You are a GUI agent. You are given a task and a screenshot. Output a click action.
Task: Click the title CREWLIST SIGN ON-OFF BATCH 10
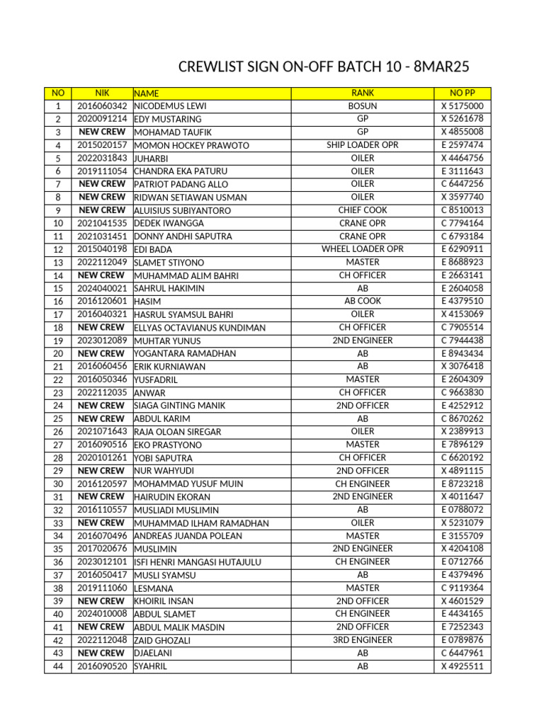click(324, 67)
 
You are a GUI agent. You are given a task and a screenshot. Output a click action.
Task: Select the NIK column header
click(102, 93)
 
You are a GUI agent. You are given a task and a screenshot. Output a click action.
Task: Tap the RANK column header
click(363, 93)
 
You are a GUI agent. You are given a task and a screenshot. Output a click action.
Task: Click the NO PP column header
click(462, 93)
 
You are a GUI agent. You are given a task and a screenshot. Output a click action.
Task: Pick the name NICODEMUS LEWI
click(170, 106)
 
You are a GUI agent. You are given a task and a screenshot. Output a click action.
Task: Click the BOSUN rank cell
click(363, 106)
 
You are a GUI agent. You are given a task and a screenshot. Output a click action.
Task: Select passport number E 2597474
click(462, 145)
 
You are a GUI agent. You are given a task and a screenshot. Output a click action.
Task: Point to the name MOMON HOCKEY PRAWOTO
click(191, 146)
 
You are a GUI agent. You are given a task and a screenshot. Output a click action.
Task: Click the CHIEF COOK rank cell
click(363, 210)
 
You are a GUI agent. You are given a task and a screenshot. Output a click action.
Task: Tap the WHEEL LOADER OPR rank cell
click(363, 249)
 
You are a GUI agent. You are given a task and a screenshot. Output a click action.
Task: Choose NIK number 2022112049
click(102, 263)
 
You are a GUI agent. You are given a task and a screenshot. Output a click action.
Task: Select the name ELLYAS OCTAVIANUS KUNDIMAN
click(200, 328)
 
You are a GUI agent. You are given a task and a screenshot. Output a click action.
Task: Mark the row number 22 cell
click(58, 380)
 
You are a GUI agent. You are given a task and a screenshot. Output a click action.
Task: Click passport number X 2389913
click(462, 432)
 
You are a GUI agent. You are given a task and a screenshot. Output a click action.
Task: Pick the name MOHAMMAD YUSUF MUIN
click(188, 484)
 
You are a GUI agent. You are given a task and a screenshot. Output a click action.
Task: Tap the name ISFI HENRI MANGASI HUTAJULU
click(198, 562)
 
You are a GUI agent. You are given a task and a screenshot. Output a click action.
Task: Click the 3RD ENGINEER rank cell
click(363, 640)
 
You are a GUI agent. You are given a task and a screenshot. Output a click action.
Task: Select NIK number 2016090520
click(102, 666)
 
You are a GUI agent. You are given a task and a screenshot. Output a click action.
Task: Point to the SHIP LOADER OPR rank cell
click(363, 145)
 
